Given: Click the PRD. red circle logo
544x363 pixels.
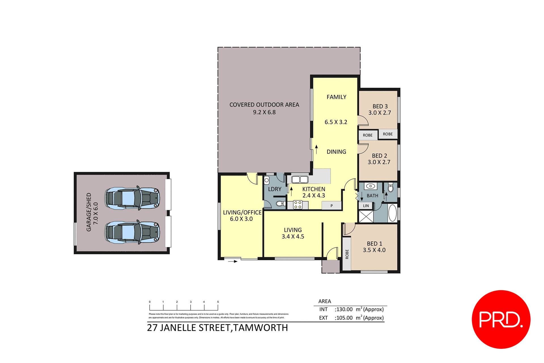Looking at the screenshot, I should coord(501,319).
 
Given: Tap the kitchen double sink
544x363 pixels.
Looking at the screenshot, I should coord(300,180).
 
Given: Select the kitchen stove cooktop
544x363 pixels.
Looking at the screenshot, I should coord(297,204).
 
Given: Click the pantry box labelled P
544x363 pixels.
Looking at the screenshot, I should coord(331,206).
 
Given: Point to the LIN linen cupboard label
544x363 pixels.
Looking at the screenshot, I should coord(366,206).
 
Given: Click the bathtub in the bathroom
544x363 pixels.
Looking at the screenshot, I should coord(392,213).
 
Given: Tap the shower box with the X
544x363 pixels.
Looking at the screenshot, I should coord(366,216).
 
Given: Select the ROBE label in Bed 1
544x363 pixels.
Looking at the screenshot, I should coord(347,254).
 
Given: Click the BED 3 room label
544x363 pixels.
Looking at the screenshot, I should coord(380,106).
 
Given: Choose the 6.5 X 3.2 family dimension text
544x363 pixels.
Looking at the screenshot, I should coord(336,122).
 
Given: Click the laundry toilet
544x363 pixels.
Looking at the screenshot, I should coord(280,204).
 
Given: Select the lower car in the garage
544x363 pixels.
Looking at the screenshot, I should coord(132,232).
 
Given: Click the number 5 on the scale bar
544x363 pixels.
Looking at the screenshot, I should coord(218,302).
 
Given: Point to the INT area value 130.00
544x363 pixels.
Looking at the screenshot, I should coord(345,309).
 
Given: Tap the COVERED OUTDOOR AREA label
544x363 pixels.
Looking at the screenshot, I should coord(264,105).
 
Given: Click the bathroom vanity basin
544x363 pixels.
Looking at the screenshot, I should coord(370,186).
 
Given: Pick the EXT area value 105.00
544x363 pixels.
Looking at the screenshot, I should coord(345,318).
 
